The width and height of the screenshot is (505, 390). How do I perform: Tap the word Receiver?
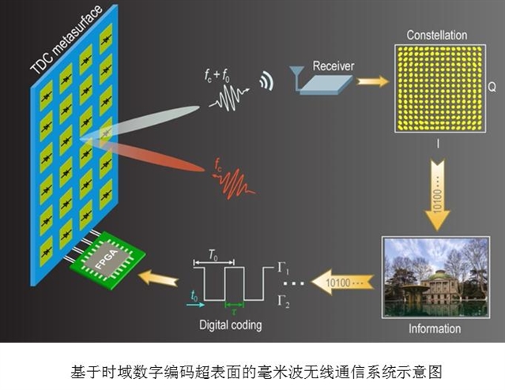point(333,66)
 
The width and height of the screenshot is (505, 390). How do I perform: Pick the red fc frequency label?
point(217,165)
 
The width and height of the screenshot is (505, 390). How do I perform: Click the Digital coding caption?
point(230,325)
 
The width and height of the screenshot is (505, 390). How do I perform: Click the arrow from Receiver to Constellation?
point(373,81)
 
